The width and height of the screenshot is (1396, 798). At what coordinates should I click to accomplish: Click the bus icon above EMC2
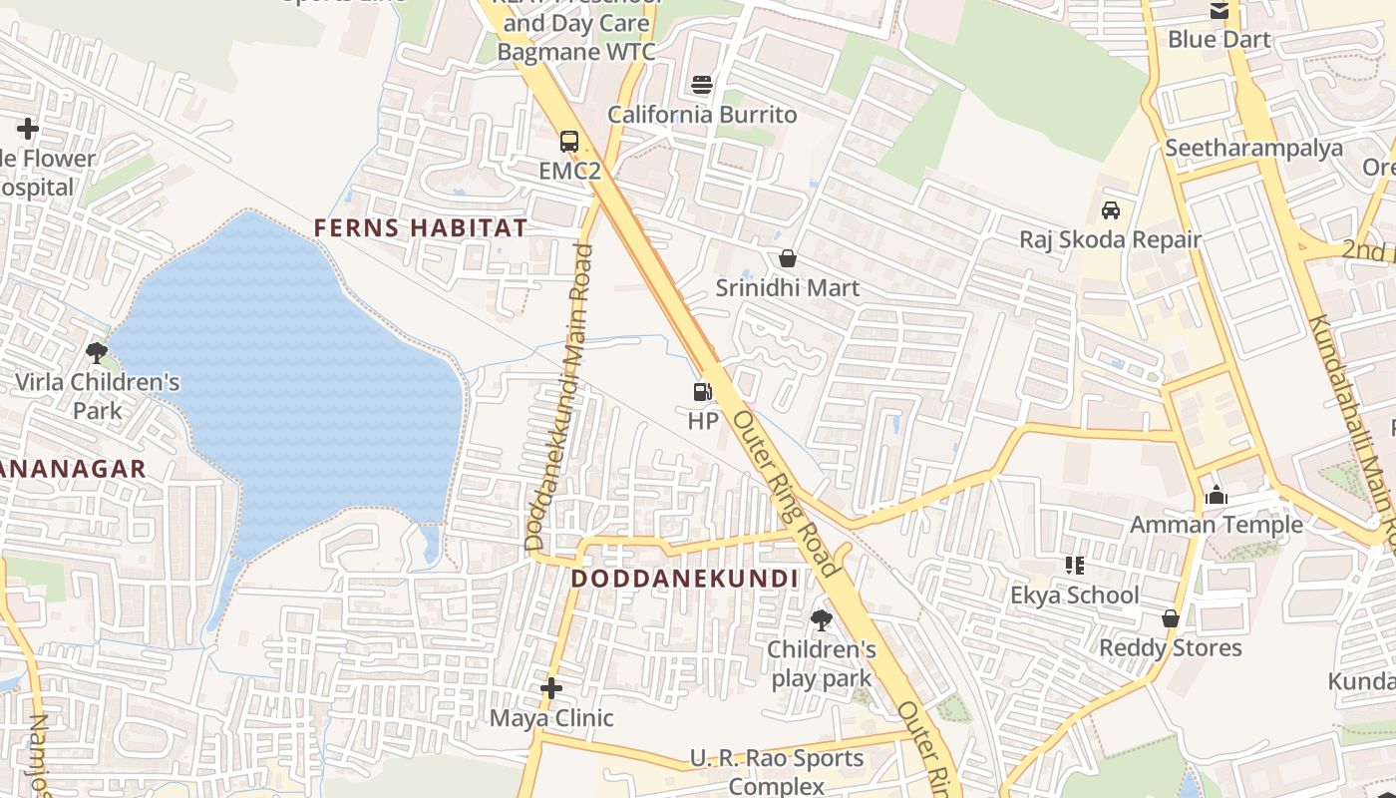click(x=569, y=142)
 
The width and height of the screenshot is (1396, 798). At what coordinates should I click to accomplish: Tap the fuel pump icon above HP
click(x=703, y=392)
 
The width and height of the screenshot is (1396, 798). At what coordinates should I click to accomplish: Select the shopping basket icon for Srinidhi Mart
click(x=788, y=259)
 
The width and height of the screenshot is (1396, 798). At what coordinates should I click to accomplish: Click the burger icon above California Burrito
click(x=703, y=85)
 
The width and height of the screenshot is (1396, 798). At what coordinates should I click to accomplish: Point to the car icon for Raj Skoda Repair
click(x=1110, y=210)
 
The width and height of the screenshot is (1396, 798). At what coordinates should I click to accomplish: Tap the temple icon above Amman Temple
click(x=1216, y=495)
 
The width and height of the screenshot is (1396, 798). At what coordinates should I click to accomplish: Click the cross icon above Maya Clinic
click(x=551, y=688)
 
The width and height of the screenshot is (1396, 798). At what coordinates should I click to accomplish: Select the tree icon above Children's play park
click(x=821, y=620)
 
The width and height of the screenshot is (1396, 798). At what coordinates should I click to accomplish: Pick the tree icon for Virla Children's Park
click(x=97, y=352)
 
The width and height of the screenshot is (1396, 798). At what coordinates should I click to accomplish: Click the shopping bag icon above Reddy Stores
click(x=1171, y=618)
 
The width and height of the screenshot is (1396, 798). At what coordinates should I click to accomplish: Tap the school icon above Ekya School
click(x=1075, y=566)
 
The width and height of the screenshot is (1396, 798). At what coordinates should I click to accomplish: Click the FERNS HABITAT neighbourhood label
click(x=420, y=228)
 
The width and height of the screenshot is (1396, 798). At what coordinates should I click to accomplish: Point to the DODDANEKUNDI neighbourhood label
click(x=684, y=579)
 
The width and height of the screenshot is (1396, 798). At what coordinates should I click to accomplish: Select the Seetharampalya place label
click(x=1253, y=149)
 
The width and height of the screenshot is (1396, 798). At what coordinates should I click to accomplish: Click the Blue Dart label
click(x=1219, y=40)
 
